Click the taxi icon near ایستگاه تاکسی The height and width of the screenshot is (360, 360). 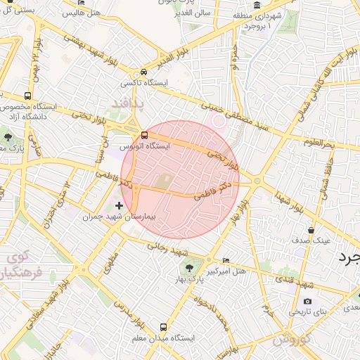144,72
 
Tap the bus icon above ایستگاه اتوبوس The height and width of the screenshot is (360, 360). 145,134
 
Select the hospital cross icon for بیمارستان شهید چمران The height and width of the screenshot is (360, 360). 119,206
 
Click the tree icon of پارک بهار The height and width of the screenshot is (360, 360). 188,267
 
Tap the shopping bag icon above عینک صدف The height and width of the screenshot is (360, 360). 311,230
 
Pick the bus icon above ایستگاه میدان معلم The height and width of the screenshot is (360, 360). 164,327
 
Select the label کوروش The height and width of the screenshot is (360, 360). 287,340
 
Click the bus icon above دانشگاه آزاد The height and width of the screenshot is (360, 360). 27,96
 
